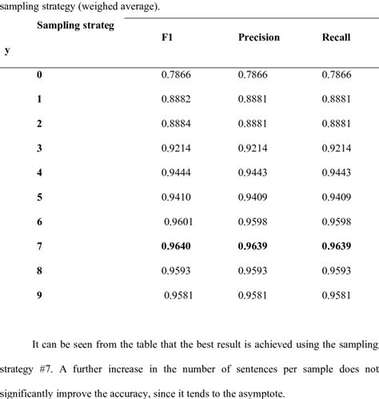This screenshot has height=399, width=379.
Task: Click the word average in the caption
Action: [x=141, y=6]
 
